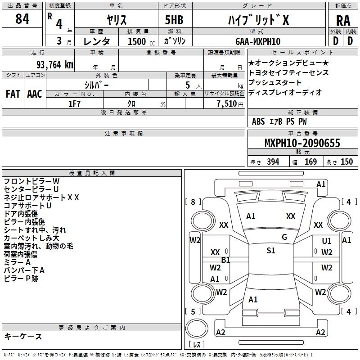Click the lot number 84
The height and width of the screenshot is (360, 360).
(22, 19)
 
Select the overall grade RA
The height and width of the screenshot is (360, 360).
(343, 21)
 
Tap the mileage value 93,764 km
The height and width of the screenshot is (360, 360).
(55, 65)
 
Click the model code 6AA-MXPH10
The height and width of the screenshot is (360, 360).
(258, 41)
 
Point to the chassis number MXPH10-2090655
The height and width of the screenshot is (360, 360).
(302, 143)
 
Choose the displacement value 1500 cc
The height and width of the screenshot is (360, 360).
(141, 41)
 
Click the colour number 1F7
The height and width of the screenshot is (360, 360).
(74, 104)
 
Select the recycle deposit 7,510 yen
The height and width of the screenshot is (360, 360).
(230, 104)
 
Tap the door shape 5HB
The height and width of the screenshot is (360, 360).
(174, 20)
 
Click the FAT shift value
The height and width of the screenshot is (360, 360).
(13, 94)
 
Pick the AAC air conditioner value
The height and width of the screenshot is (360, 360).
(35, 94)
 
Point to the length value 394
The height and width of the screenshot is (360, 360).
(273, 162)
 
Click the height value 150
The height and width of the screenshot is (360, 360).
(346, 162)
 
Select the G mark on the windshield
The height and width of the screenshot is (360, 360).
(284, 237)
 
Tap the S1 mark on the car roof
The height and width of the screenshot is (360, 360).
(271, 251)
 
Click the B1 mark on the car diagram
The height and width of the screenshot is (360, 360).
(226, 260)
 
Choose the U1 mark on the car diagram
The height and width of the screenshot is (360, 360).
(327, 241)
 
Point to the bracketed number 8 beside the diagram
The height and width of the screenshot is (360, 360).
(193, 202)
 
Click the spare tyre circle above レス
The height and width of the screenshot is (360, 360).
(197, 328)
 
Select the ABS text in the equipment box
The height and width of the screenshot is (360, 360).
(258, 121)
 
